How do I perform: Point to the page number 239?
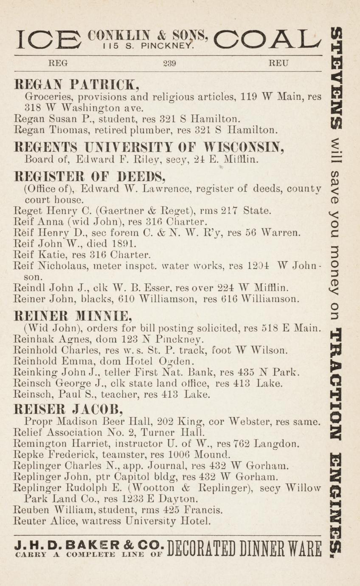169,64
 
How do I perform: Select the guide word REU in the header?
279,64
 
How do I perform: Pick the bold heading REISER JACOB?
69,409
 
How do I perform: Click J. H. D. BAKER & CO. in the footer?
88,545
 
